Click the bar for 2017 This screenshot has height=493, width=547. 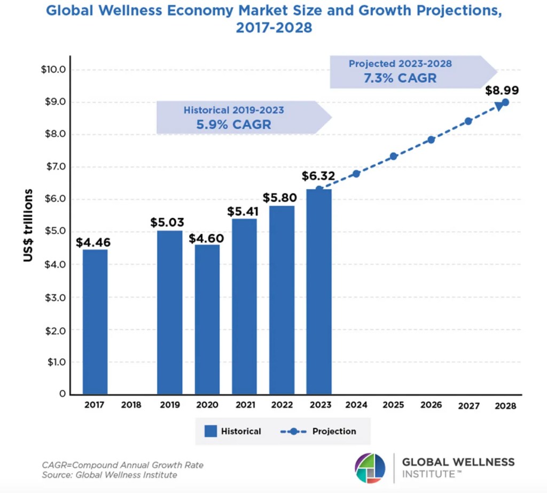95,321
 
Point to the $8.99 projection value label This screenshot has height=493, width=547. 502,90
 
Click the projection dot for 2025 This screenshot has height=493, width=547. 393,156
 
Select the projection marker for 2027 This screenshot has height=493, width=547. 468,121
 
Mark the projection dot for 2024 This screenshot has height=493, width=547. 356,173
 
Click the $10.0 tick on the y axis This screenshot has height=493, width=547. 53,70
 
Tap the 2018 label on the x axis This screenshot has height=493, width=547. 131,405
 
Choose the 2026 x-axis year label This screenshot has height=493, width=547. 431,405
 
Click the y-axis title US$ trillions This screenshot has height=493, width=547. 28,225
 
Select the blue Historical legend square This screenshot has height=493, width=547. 210,431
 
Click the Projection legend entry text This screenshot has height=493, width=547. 334,431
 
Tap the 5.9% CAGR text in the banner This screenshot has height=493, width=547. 234,125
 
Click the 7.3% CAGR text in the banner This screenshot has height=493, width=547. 400,78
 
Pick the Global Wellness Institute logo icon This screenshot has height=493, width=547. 370,468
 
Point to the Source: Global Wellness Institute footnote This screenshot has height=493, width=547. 110,474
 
